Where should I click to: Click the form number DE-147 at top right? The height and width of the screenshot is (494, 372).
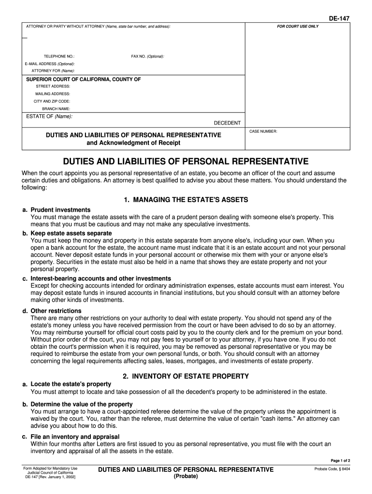pos(339,18)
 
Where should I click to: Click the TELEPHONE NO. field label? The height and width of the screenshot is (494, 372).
pos(59,56)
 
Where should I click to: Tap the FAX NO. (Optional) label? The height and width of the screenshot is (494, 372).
pos(147,56)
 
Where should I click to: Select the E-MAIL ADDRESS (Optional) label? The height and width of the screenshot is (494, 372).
pos(50,64)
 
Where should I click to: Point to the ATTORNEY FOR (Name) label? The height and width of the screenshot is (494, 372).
pos(53,71)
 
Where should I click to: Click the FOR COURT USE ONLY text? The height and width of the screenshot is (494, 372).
pos(298,26)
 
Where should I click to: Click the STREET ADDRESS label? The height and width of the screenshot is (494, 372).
pos(53,86)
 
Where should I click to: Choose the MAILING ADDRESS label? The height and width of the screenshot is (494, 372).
pos(53,94)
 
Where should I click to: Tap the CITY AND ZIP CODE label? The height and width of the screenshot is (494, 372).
pos(52,101)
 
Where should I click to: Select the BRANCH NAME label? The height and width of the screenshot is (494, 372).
pos(56,109)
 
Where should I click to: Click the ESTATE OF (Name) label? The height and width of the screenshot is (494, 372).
pos(49,116)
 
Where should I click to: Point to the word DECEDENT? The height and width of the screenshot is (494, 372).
pos(227,123)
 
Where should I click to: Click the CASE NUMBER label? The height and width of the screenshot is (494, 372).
pos(263,131)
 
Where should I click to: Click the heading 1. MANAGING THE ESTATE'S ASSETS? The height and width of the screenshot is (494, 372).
pos(186,199)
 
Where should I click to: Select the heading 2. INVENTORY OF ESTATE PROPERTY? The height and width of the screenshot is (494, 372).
pos(186,376)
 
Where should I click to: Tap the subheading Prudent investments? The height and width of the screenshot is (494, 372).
pos(60,210)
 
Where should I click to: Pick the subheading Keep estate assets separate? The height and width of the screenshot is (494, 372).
pos(71,233)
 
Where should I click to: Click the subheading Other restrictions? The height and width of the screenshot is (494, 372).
pos(56,311)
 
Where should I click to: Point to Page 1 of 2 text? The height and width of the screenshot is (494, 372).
pos(340,461)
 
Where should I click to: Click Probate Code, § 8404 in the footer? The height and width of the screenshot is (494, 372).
pos(332,469)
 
